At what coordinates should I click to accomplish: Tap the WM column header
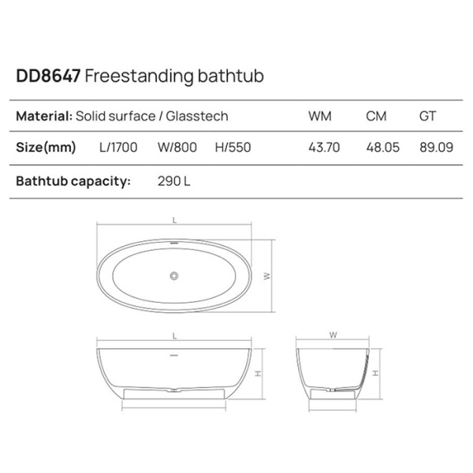pos(319,117)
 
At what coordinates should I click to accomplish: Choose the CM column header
pos(376,117)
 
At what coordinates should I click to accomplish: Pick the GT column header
pos(429,117)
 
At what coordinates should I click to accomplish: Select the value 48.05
pos(382,147)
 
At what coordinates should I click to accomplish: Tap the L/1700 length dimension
pos(117,147)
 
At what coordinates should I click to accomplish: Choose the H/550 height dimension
pos(232,147)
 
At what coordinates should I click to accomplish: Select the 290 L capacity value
pos(174,181)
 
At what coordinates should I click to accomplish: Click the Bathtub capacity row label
pos(73,181)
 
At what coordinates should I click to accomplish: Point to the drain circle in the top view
pos(175,276)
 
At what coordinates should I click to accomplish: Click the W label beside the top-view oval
pos(267,276)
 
